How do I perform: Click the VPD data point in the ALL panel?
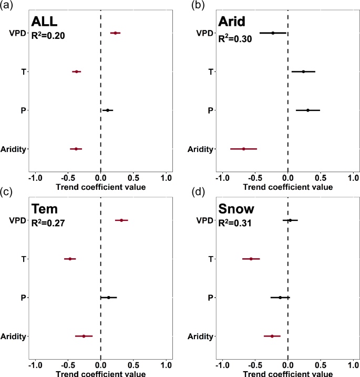(115, 33)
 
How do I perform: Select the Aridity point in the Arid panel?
(243, 149)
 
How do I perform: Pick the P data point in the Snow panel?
(280, 298)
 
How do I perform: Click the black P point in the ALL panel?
(107, 110)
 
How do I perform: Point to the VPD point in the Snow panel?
(290, 220)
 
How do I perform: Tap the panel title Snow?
(238, 210)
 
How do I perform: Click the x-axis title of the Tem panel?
(100, 373)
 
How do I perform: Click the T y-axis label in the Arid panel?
(210, 72)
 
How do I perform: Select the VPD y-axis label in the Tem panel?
(17, 220)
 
